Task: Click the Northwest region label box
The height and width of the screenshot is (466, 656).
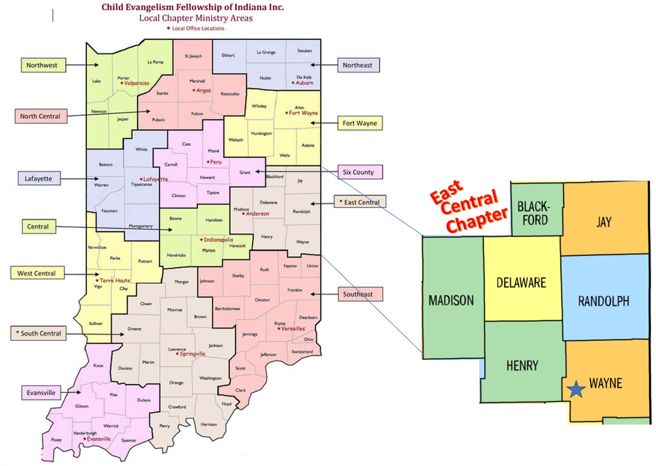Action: pos(41,65)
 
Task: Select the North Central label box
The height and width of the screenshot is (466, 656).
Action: pos(40,116)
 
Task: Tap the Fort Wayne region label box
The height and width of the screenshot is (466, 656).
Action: pos(359,123)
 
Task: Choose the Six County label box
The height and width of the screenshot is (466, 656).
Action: pos(359,172)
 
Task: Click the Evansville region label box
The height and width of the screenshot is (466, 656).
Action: pos(41,392)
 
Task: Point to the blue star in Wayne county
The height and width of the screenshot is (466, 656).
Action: pos(576,389)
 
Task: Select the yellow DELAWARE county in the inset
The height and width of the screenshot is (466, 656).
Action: pos(521,282)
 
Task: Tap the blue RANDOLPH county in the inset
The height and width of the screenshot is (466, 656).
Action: pos(603,301)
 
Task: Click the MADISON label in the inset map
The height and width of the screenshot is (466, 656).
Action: pos(451,300)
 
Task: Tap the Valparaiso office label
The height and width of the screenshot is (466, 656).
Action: pos(136,84)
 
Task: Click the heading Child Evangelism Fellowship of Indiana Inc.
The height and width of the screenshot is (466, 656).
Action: pos(193,7)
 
